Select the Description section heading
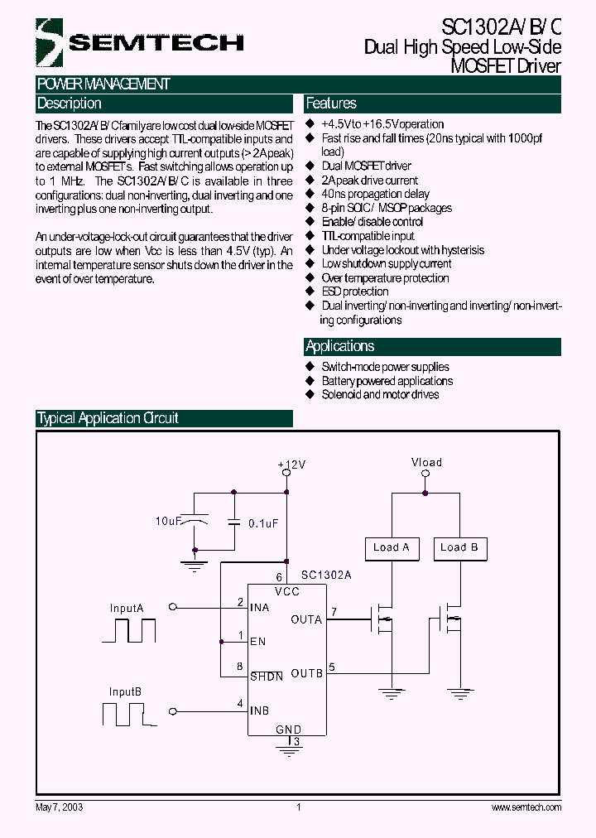click(69, 104)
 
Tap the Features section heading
click(331, 104)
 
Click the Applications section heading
click(339, 346)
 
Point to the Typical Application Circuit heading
click(108, 418)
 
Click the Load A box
click(392, 547)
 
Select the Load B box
click(459, 547)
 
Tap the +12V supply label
click(291, 465)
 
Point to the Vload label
click(426, 462)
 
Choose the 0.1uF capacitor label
click(262, 523)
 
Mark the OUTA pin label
click(306, 619)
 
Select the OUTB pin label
click(306, 673)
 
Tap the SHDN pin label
click(267, 677)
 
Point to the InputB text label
click(125, 691)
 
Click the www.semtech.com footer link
click(526, 807)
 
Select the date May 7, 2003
click(59, 807)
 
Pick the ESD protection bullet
click(354, 291)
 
